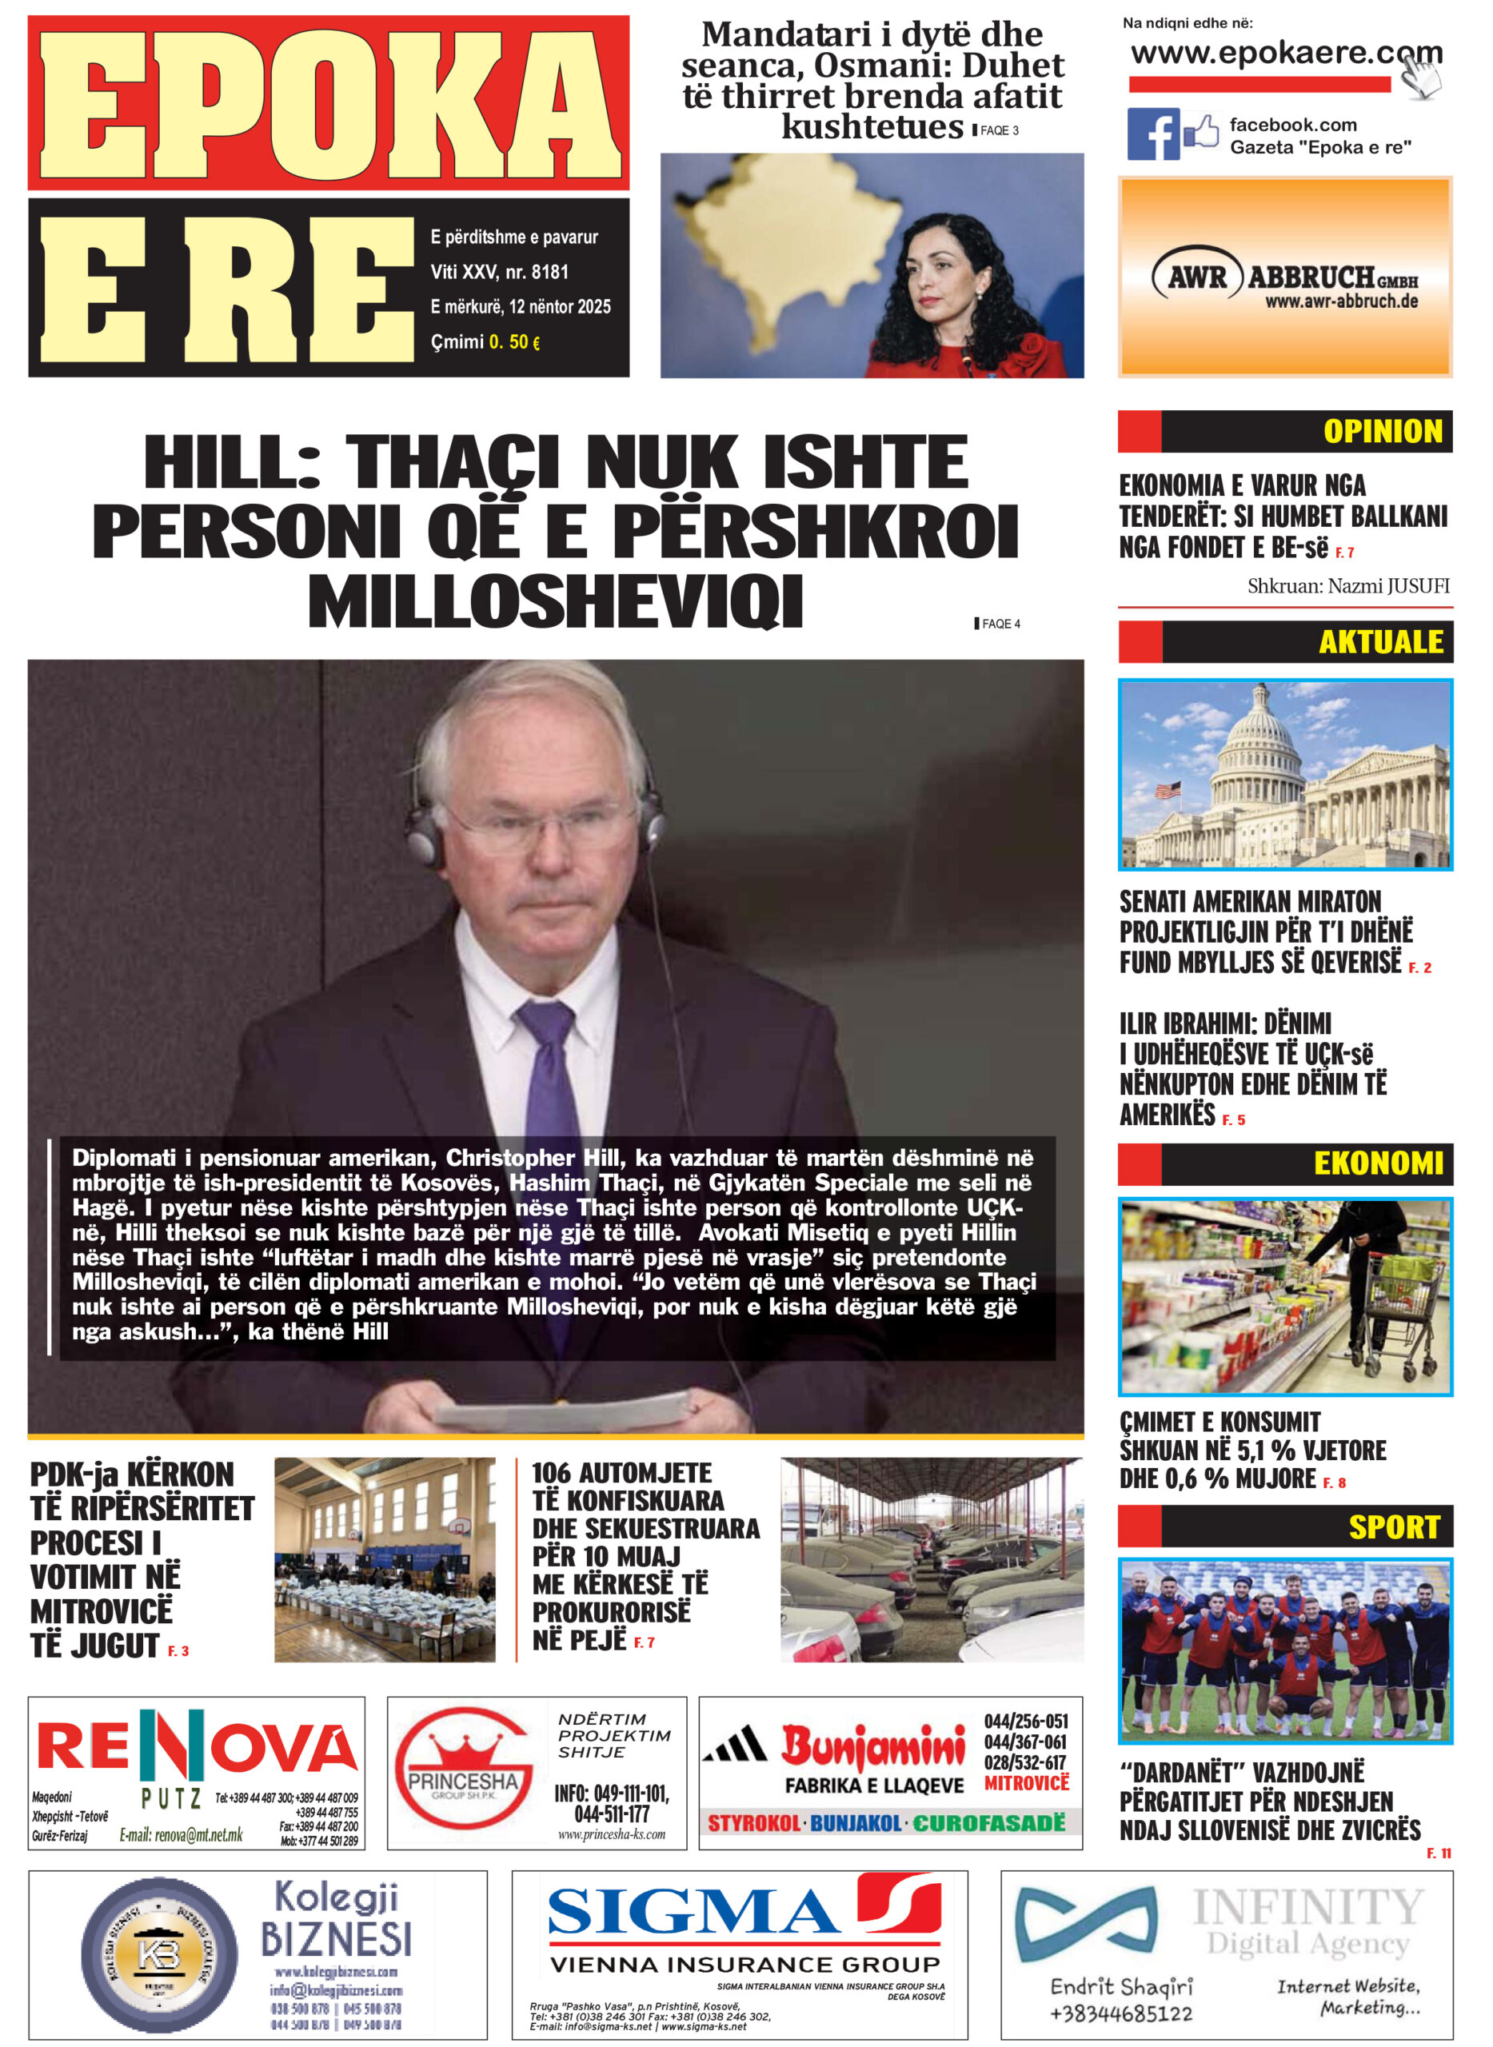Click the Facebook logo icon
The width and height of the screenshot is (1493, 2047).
tap(1152, 134)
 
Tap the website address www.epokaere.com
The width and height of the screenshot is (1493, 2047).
tap(1275, 54)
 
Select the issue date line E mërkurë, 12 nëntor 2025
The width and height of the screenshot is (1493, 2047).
tap(521, 307)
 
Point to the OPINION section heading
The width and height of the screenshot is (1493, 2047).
tap(1382, 432)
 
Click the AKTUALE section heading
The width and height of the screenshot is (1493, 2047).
tap(1380, 643)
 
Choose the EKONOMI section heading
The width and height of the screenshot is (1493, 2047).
tap(1377, 1164)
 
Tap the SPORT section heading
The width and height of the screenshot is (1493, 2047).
tap(1393, 1527)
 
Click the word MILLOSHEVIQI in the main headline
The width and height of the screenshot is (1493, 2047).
tap(555, 601)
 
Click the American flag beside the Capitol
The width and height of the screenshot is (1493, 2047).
tap(1168, 789)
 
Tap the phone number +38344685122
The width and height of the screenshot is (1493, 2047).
tap(1120, 2013)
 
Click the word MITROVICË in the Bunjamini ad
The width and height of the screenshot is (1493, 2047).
tap(1026, 1783)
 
